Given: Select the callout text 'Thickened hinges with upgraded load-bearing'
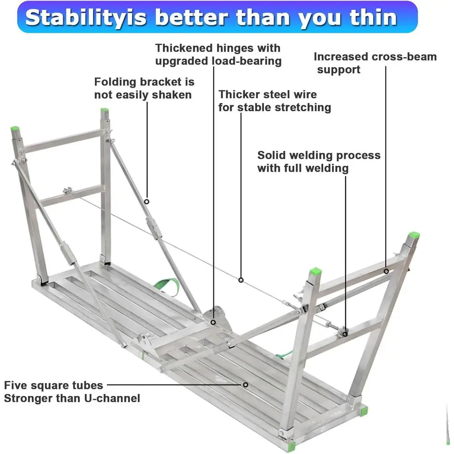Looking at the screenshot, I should coord(218,54).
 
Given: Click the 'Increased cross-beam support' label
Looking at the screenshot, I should coord(375,63).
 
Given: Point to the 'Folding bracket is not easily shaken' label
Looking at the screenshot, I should coord(144,88).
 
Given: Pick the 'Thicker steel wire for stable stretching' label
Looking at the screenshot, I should coord(275,101).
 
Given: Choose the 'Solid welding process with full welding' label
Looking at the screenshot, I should coord(319,161).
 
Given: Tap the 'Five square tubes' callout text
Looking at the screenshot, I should coord(54,385).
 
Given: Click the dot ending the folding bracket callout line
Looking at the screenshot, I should coord(147,201).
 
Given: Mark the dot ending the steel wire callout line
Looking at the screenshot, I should coord(241,280).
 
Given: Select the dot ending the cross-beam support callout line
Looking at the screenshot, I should coord(386,271).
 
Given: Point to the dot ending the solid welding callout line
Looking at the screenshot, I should coord(345,334).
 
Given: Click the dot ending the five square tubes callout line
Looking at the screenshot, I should coord(246,385).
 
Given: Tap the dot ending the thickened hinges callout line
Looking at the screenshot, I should coord(213,322).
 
